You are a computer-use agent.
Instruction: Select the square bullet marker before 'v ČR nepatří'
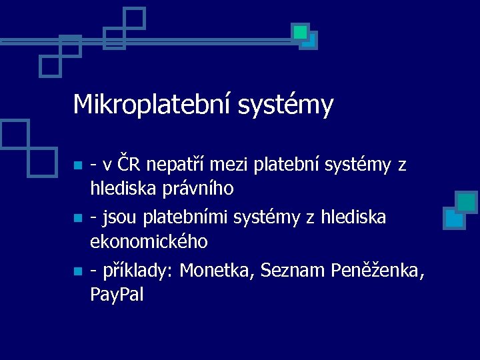tap(77, 165)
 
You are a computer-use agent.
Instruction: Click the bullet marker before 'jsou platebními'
tap(77, 218)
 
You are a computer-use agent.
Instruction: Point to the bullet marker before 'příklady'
tap(77, 271)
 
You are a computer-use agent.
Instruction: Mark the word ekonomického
tap(149, 242)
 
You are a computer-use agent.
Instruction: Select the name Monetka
tap(217, 271)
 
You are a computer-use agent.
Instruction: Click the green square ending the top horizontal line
tap(301, 31)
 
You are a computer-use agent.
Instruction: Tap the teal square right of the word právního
tap(467, 202)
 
